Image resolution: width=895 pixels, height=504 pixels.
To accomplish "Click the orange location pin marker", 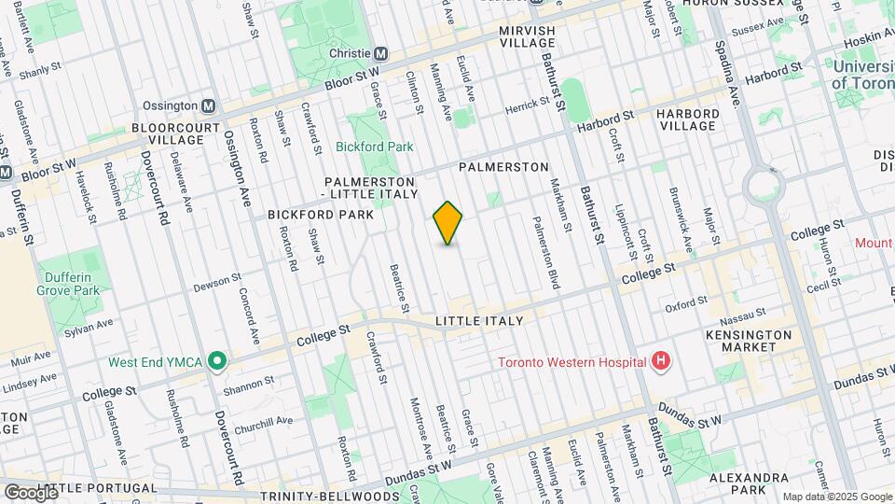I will click(x=448, y=223).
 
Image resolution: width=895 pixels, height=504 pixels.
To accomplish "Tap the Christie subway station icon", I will click(x=380, y=54).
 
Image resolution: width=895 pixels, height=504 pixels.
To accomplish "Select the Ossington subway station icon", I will click(x=208, y=106).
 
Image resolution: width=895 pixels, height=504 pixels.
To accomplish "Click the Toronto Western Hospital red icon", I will click(x=661, y=362).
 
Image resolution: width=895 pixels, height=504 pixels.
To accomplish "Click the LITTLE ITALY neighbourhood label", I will click(x=479, y=321).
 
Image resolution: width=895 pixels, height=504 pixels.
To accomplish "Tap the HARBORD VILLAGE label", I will click(x=687, y=119).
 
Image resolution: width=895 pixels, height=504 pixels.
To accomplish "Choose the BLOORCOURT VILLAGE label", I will click(x=175, y=133).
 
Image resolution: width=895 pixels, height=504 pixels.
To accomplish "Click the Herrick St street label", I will click(x=525, y=108).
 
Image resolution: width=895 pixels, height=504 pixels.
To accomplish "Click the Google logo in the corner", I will click(x=30, y=492).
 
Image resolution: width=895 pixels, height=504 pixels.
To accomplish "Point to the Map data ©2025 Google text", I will click(x=836, y=497).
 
